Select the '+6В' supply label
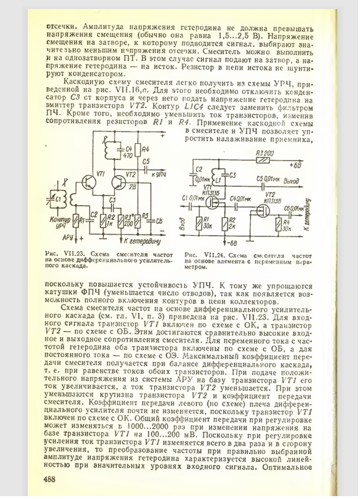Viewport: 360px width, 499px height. pyautogui.click(x=295, y=166)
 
